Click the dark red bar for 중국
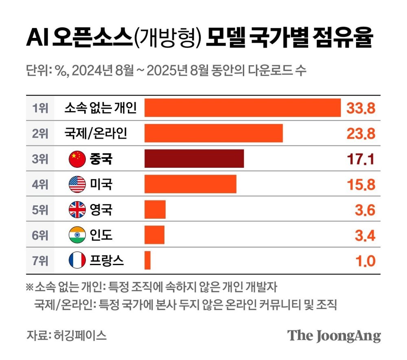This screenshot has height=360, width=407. pos(194,159)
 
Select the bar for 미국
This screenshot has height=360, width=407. pos(190,184)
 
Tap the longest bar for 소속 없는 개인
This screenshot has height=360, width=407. pos(243,108)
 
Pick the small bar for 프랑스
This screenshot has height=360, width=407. pos(147,260)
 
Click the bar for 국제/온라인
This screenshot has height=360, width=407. pos(214,134)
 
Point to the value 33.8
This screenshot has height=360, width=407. pos(361,108)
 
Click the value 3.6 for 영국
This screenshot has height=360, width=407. pos(365,210)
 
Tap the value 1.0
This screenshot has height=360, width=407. pos(365,261)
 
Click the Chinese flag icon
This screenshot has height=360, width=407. pos(77,159)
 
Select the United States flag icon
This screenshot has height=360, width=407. pos(77,184)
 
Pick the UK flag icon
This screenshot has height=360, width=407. pos(77,210)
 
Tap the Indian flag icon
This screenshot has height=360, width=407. pos(77,235)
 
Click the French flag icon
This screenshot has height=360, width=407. pos(77,260)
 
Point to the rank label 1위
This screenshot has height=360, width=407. pos(40,108)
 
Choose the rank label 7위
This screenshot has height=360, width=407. pos(40,260)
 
